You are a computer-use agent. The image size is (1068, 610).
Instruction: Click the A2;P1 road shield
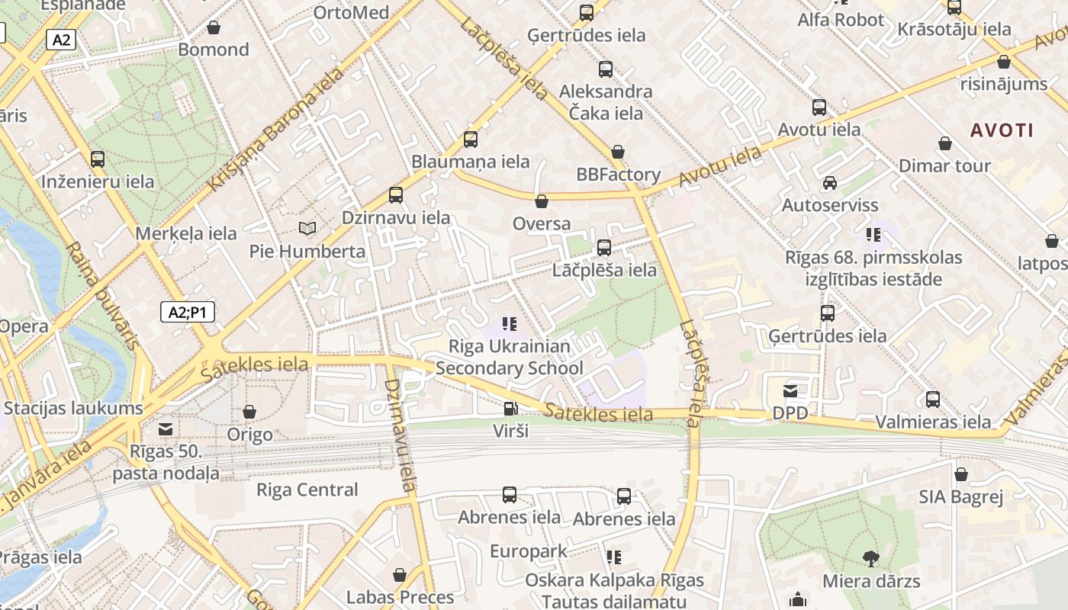(x=188, y=312)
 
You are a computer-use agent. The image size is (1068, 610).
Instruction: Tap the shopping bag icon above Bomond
(x=214, y=27)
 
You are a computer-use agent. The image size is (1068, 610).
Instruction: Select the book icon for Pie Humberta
(x=307, y=228)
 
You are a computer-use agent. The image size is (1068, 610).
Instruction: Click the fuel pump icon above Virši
(x=510, y=409)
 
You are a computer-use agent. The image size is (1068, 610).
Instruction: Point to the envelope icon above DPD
(x=790, y=391)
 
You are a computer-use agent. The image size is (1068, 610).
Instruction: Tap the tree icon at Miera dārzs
(x=870, y=559)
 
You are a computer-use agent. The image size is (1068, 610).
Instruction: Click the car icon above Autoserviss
(x=829, y=183)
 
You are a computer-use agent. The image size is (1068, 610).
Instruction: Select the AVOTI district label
(x=1002, y=130)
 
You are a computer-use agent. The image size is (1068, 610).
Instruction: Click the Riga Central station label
(x=307, y=490)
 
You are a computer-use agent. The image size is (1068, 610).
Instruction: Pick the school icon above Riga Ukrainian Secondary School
(x=510, y=324)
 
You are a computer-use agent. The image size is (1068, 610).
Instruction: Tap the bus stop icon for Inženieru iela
(x=98, y=159)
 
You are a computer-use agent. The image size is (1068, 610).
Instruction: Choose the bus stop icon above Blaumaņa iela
(x=471, y=140)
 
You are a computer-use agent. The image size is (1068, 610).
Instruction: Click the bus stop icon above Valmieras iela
(x=932, y=400)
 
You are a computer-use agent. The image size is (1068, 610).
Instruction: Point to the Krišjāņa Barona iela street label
(x=275, y=128)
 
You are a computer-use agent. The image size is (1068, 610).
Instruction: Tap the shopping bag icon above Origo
(x=249, y=413)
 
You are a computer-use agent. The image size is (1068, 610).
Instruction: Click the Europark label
(x=528, y=551)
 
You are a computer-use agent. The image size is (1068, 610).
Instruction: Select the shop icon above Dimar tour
(x=945, y=143)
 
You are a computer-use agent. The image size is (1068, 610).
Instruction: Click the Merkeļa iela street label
(x=186, y=233)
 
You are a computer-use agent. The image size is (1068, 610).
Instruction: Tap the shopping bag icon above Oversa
(x=542, y=201)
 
